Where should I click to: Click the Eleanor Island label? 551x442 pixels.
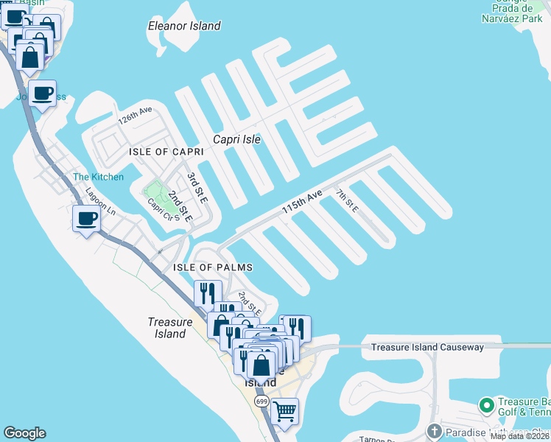point(184,26)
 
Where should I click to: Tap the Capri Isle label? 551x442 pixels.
point(237,138)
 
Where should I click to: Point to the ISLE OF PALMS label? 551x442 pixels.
point(213,267)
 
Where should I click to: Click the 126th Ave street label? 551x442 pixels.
point(136,115)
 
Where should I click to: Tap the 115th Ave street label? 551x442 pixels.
point(302,203)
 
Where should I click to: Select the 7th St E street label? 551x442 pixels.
point(346,202)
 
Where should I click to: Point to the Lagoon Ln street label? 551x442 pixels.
point(100,201)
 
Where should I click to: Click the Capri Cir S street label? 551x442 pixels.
point(162,211)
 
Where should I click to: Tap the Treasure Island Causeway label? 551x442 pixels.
point(427,347)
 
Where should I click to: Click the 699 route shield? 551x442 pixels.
point(262,401)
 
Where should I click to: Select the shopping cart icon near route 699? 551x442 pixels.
point(284,411)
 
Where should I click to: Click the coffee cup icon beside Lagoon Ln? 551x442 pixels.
point(87,218)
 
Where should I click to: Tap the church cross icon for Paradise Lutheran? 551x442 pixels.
point(435,430)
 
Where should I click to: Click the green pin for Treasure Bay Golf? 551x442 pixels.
point(485,406)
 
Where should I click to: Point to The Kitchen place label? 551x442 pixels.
point(98,177)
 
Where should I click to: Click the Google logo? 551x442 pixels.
point(24,433)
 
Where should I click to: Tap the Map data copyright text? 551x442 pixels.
point(519,437)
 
